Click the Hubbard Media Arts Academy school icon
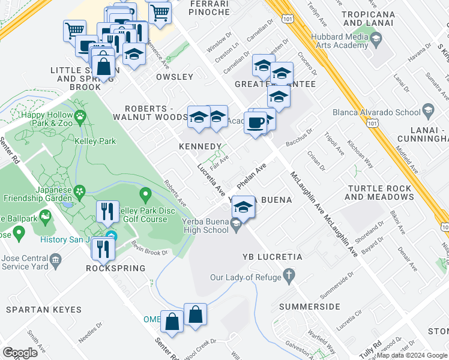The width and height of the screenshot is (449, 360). pos(376,40)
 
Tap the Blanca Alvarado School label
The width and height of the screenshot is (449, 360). pos(376,112)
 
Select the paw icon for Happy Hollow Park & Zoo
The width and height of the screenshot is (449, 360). pos(79,115)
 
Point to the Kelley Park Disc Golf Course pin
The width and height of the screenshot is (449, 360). pos(145,194)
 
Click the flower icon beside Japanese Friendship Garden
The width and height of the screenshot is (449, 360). pos(79,191)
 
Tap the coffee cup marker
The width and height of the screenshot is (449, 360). pos(256,123)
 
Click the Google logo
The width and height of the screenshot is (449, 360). pos(20,353)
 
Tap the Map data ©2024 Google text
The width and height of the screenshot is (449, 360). pos(412,355)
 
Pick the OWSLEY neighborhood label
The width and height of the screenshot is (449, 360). pos(175,77)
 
